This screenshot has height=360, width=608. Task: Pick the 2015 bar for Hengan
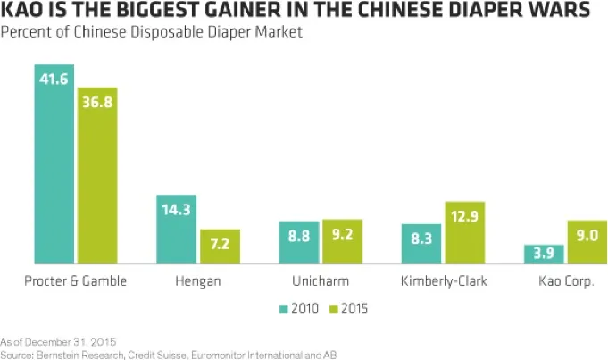(x=220, y=247)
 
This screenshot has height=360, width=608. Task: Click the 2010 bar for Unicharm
(x=299, y=242)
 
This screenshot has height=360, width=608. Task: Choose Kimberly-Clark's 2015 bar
(x=464, y=233)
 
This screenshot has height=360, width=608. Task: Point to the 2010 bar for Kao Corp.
(x=544, y=255)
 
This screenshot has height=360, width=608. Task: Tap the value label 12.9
(x=464, y=214)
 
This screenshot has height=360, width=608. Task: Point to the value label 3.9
(x=544, y=254)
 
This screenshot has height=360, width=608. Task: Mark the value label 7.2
(x=220, y=242)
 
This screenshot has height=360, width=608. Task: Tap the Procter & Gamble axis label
(x=76, y=281)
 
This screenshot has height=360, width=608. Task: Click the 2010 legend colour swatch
(x=283, y=309)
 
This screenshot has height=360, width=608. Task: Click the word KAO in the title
(x=21, y=11)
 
